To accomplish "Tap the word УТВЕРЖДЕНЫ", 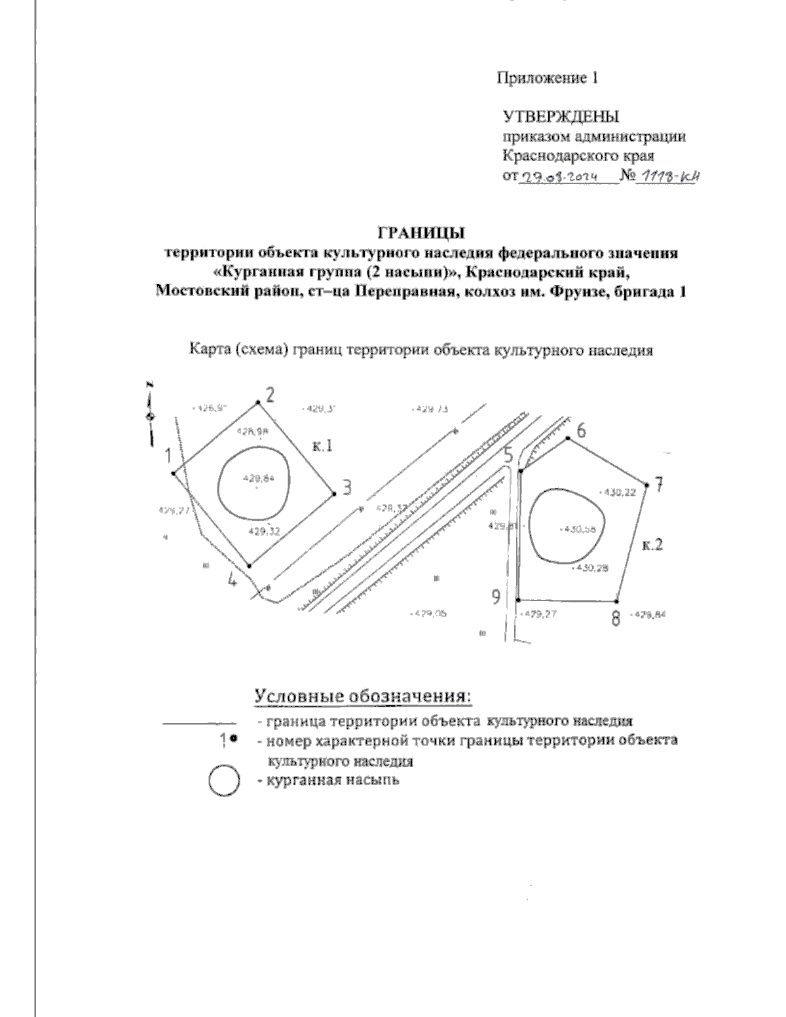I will pos(561,117).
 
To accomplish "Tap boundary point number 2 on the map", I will pos(257,403).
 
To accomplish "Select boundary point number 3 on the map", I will pos(334,494).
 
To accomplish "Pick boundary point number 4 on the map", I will pos(250,565).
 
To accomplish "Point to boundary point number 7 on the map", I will pos(647,485).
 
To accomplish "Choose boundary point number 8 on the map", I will pos(618,600).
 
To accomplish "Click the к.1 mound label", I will pos(322,447).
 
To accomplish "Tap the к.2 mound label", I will pos(653,544).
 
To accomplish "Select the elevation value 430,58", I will pos(579,530).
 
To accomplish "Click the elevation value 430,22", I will pos(618,493).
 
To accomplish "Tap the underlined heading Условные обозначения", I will pos(363,696).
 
